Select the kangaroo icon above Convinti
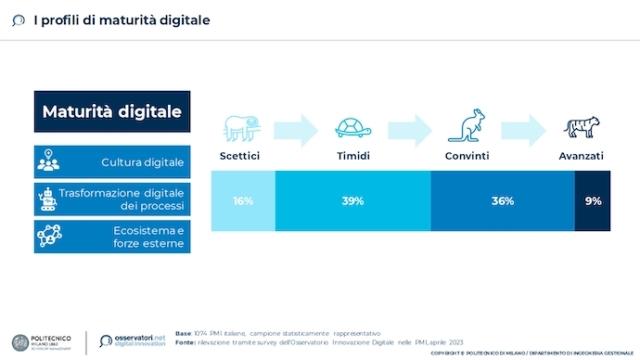pyautogui.click(x=467, y=126)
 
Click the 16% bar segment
pyautogui.click(x=242, y=200)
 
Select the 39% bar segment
pyautogui.click(x=351, y=200)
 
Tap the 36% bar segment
pyautogui.click(x=502, y=200)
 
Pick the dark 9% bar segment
pyautogui.click(x=592, y=200)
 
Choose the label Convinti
pyautogui.click(x=467, y=157)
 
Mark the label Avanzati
pyautogui.click(x=580, y=157)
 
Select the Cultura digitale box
pyautogui.click(x=110, y=161)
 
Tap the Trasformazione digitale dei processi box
pyautogui.click(x=110, y=198)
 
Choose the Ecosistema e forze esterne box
pyautogui.click(x=110, y=236)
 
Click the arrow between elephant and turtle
pyautogui.click(x=295, y=128)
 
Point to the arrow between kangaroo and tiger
pyautogui.click(x=523, y=128)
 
